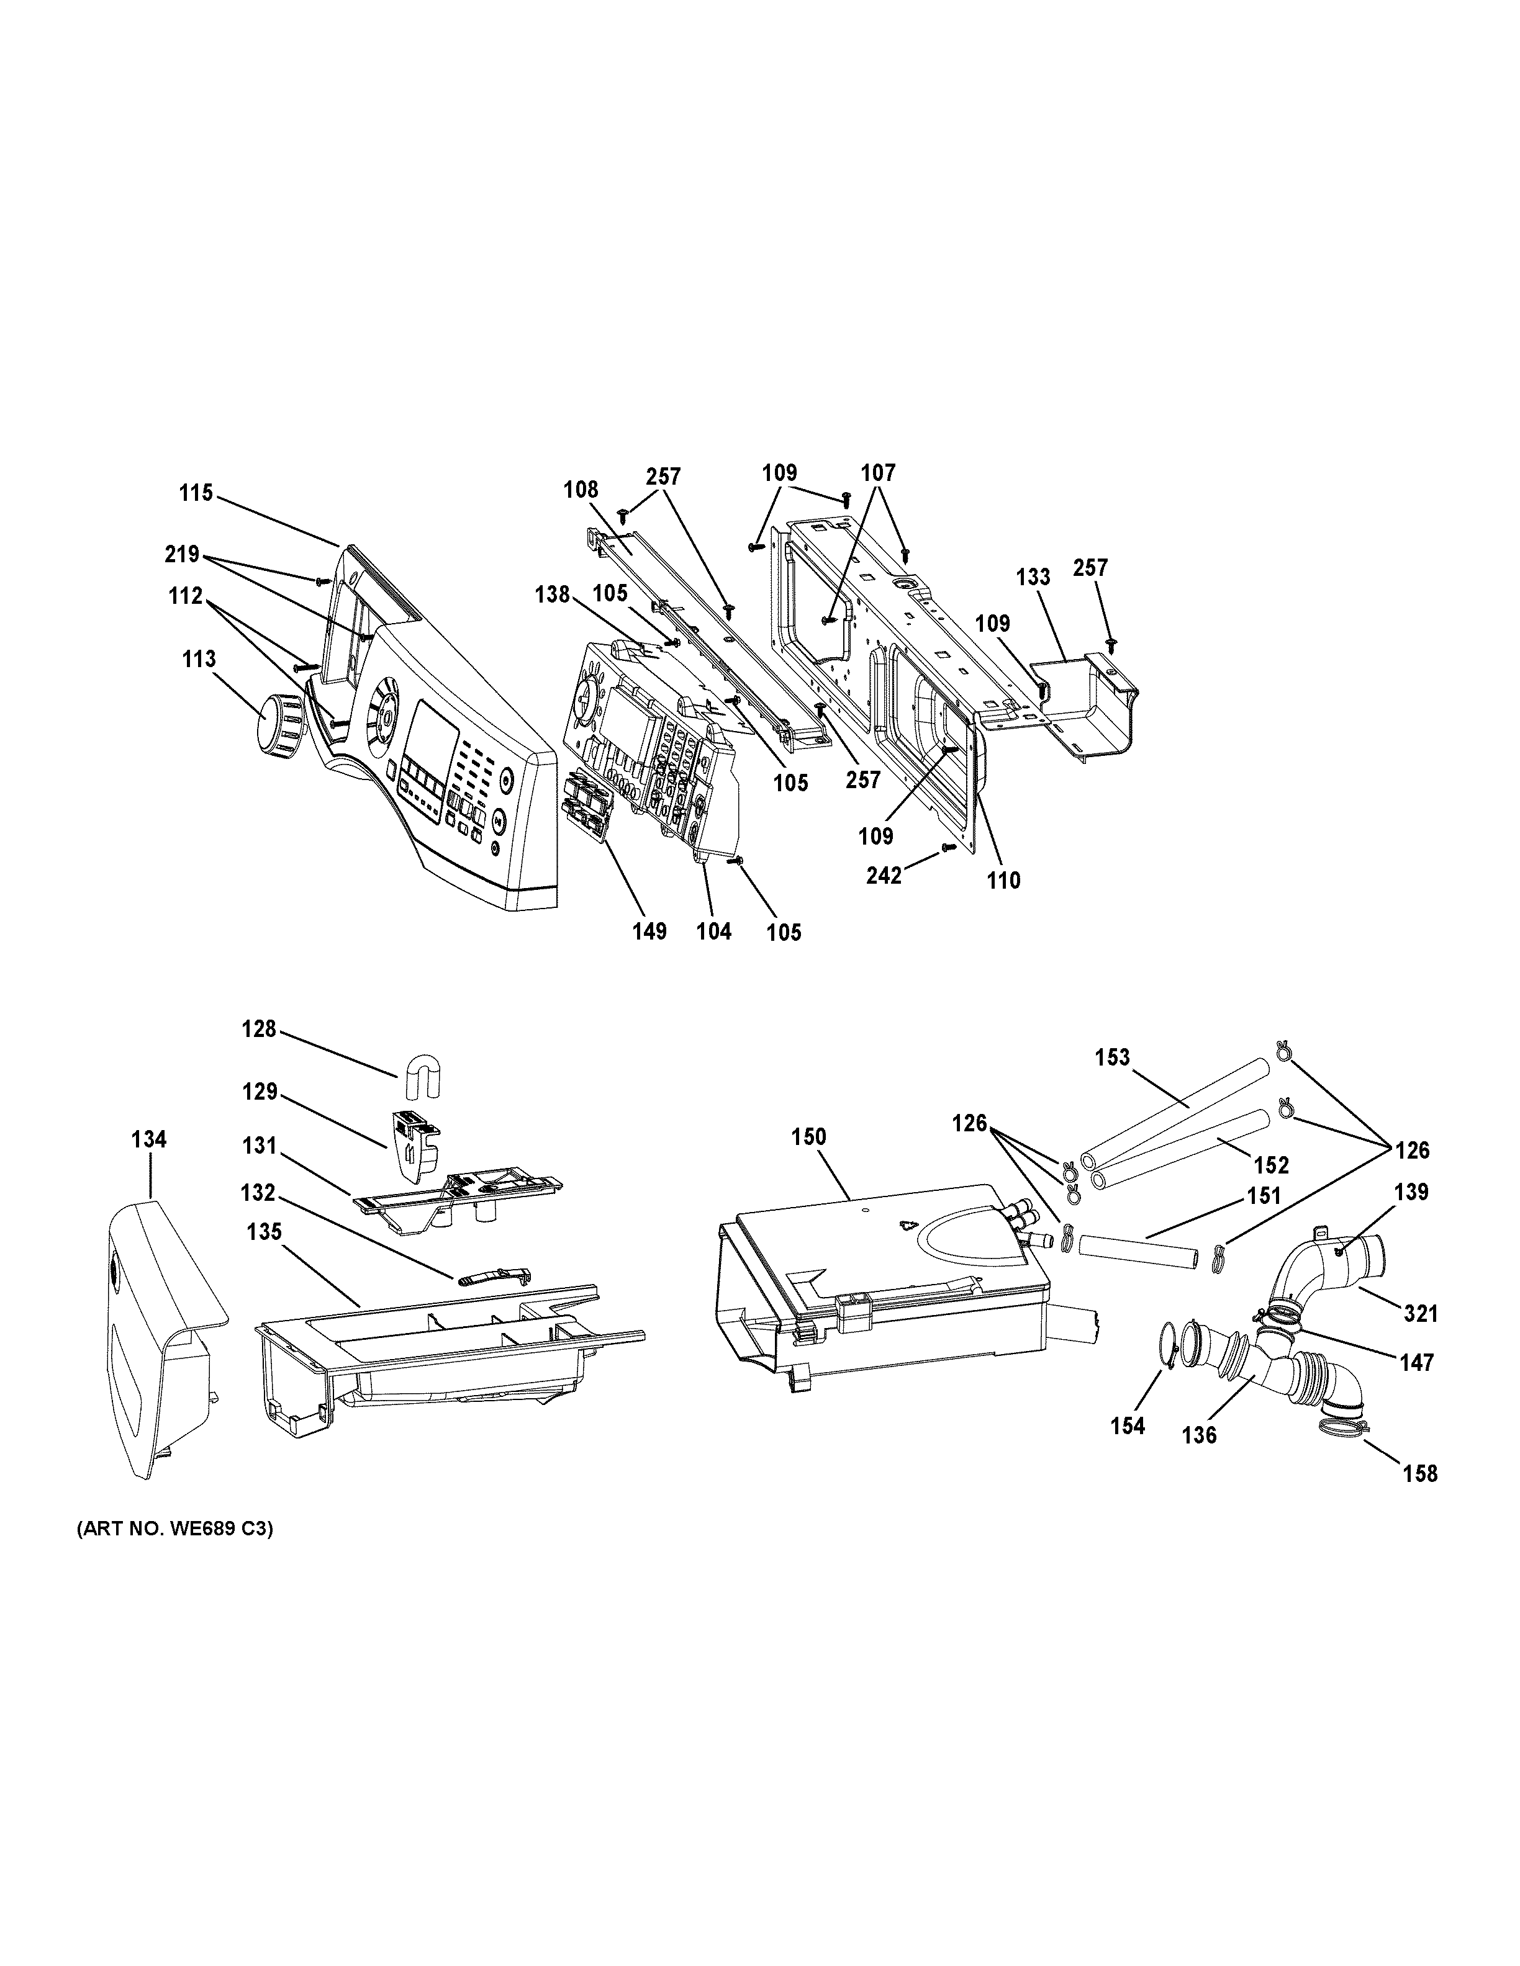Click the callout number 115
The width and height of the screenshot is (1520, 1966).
(196, 493)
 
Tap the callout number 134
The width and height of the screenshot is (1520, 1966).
(148, 1139)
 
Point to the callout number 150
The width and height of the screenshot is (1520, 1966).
(808, 1137)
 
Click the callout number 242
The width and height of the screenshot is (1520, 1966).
(884, 876)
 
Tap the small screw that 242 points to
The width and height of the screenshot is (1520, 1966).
(946, 847)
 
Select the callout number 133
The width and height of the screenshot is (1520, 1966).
(1033, 577)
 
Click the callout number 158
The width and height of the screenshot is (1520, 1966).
(1420, 1474)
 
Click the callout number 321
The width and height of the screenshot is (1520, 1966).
(1421, 1315)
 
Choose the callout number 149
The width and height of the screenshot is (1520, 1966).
(649, 931)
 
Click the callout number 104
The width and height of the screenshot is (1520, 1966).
(714, 931)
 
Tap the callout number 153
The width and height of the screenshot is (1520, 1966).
(1112, 1057)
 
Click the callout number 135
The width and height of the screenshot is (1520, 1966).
(265, 1231)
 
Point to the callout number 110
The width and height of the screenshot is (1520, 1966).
(1003, 881)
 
